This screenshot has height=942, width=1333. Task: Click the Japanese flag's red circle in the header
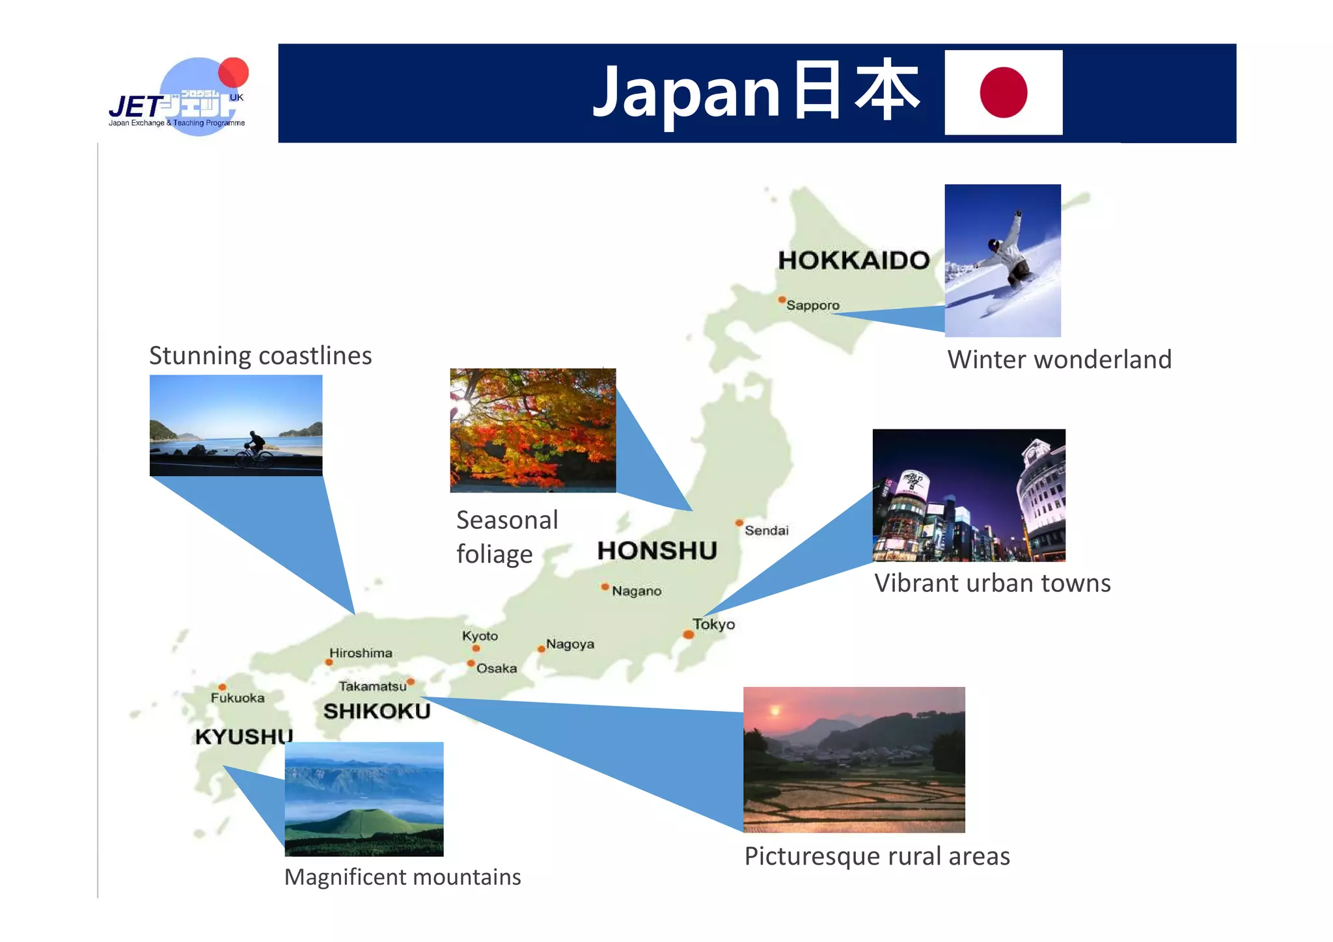click(x=1003, y=92)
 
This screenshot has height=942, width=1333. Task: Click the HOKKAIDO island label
click(x=854, y=260)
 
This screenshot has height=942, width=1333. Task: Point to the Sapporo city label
click(x=813, y=305)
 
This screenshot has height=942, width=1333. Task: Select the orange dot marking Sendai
click(x=739, y=522)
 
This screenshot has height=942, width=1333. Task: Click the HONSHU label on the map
click(x=657, y=551)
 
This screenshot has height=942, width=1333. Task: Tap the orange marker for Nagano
click(x=605, y=587)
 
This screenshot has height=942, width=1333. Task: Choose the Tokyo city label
click(x=713, y=624)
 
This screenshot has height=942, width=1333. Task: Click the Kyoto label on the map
click(x=480, y=636)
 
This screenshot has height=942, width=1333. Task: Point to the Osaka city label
click(x=497, y=668)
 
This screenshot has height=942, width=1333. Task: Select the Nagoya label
click(x=570, y=644)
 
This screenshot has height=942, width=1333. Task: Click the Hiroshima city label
click(x=361, y=653)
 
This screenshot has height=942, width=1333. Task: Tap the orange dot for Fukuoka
click(x=223, y=687)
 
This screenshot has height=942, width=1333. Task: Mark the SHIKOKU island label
click(x=377, y=711)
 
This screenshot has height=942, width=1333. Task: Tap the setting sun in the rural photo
click(x=775, y=710)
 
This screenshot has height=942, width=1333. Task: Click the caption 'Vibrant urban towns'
click(x=992, y=584)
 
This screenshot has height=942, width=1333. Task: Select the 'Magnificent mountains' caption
click(x=402, y=877)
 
